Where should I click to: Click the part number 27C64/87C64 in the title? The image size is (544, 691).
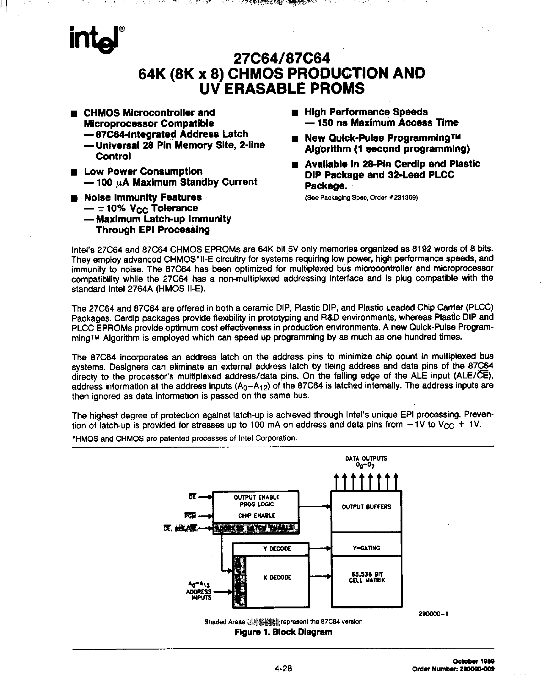[x=282, y=59]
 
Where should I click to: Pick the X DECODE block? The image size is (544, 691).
[x=277, y=578]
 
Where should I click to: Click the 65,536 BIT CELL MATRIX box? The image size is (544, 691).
[x=367, y=578]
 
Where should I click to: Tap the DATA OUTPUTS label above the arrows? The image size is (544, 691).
[x=366, y=459]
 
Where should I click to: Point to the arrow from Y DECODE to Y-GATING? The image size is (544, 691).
[x=320, y=548]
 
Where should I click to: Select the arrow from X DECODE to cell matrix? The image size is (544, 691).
[x=320, y=576]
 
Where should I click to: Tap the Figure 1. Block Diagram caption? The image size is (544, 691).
[x=283, y=632]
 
